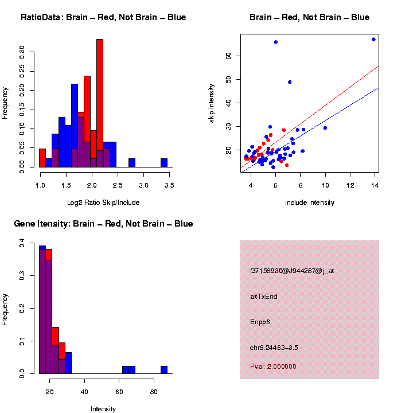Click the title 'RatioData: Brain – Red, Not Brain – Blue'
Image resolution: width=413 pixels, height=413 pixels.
point(103,17)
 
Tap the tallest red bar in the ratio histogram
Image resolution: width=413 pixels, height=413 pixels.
point(100,103)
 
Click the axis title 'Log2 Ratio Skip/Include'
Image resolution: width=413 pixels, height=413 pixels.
point(103,202)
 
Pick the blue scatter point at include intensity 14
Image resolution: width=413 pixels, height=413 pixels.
point(373,40)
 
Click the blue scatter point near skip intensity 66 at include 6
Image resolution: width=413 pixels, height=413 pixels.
point(275,42)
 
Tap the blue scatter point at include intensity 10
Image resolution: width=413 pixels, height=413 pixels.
point(325,128)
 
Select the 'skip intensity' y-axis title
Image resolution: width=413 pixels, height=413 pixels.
point(212,103)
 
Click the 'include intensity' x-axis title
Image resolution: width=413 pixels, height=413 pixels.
point(310,202)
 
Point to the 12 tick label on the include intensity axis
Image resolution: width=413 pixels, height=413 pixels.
point(350,185)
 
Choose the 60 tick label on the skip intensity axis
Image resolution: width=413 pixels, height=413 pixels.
point(228,56)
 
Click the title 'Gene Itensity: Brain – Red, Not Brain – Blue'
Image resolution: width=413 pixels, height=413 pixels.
point(103,224)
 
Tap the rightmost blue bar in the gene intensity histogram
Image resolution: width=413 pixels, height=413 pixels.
point(164,369)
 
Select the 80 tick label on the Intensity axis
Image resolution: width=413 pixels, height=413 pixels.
point(154,392)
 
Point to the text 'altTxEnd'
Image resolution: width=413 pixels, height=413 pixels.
point(264,297)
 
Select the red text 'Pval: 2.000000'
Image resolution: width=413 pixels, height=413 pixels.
point(273,367)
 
